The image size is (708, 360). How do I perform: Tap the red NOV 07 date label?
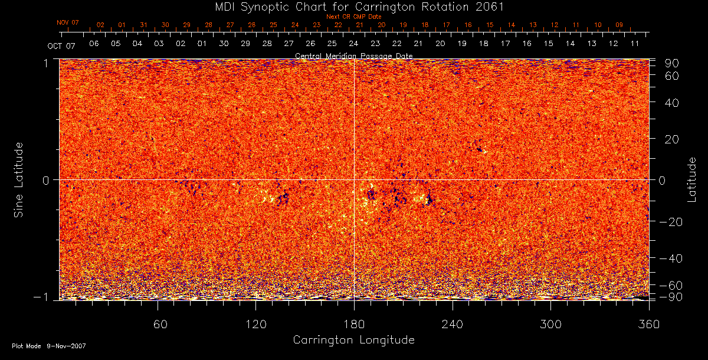click(x=68, y=22)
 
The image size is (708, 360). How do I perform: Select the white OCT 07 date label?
click(x=62, y=45)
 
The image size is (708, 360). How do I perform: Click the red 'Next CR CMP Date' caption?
click(x=353, y=17)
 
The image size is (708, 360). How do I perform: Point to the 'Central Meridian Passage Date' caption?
click(x=353, y=55)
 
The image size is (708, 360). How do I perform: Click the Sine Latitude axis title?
click(x=19, y=179)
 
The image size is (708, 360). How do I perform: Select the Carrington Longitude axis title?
click(x=353, y=340)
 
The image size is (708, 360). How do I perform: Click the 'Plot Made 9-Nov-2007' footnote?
click(x=49, y=346)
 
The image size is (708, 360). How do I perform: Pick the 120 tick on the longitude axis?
click(x=255, y=325)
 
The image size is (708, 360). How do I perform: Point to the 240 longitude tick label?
click(x=453, y=325)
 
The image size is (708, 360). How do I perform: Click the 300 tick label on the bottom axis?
click(x=550, y=325)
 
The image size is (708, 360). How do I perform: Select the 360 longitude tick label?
click(x=649, y=325)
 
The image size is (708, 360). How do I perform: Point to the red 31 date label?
click(x=143, y=25)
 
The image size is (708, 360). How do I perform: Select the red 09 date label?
click(x=619, y=25)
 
